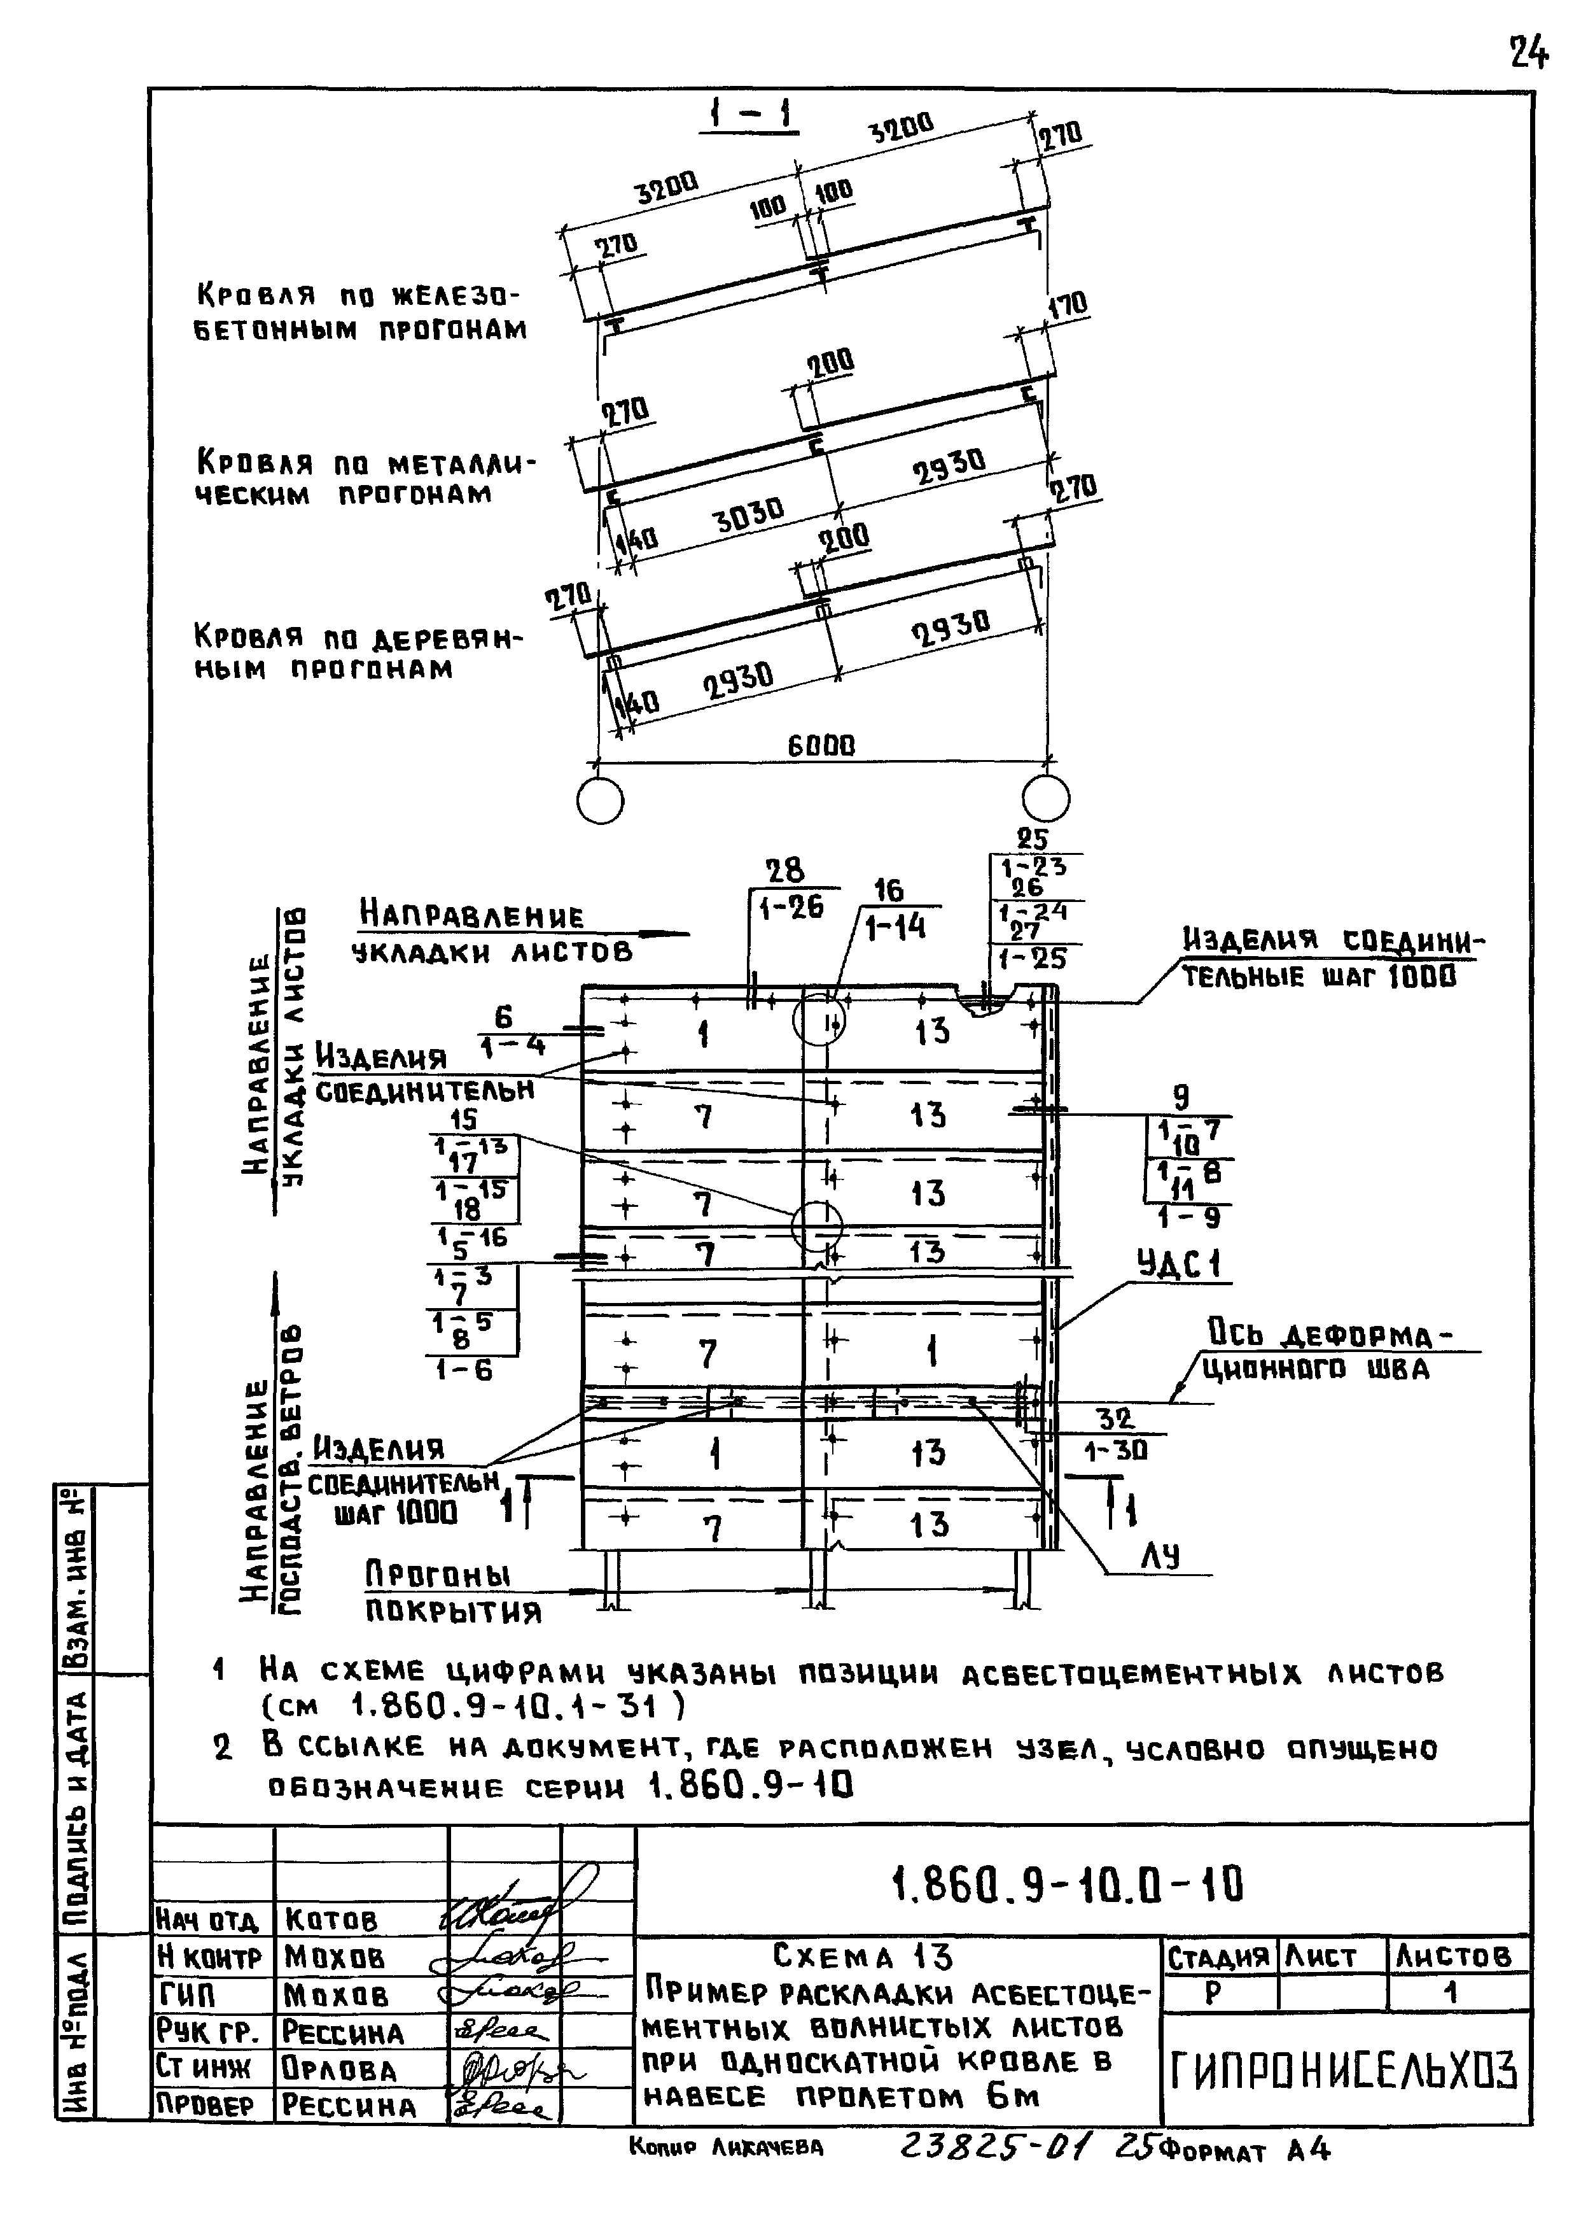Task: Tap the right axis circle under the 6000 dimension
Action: pos(1045,799)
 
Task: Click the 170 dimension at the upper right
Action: pos(1067,306)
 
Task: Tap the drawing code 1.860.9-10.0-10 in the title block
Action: pos(1068,1884)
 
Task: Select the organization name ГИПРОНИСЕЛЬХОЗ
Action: pos(1344,2071)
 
